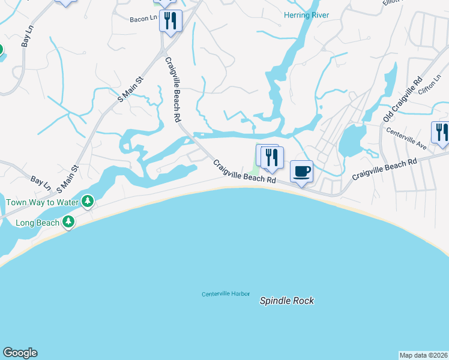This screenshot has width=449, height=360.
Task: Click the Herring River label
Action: [307, 15]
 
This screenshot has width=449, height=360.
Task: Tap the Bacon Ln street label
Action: [143, 19]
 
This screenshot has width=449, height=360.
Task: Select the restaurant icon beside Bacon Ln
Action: [170, 21]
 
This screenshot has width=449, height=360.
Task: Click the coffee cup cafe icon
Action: [301, 172]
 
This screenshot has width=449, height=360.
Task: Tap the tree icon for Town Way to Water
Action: [88, 200]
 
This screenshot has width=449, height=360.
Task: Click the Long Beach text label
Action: [37, 223]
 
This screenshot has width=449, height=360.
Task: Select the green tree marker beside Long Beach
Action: [69, 222]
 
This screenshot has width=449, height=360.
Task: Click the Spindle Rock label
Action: [286, 301]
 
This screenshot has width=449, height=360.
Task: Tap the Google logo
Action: [20, 353]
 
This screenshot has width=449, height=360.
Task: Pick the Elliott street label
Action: [391, 2]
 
